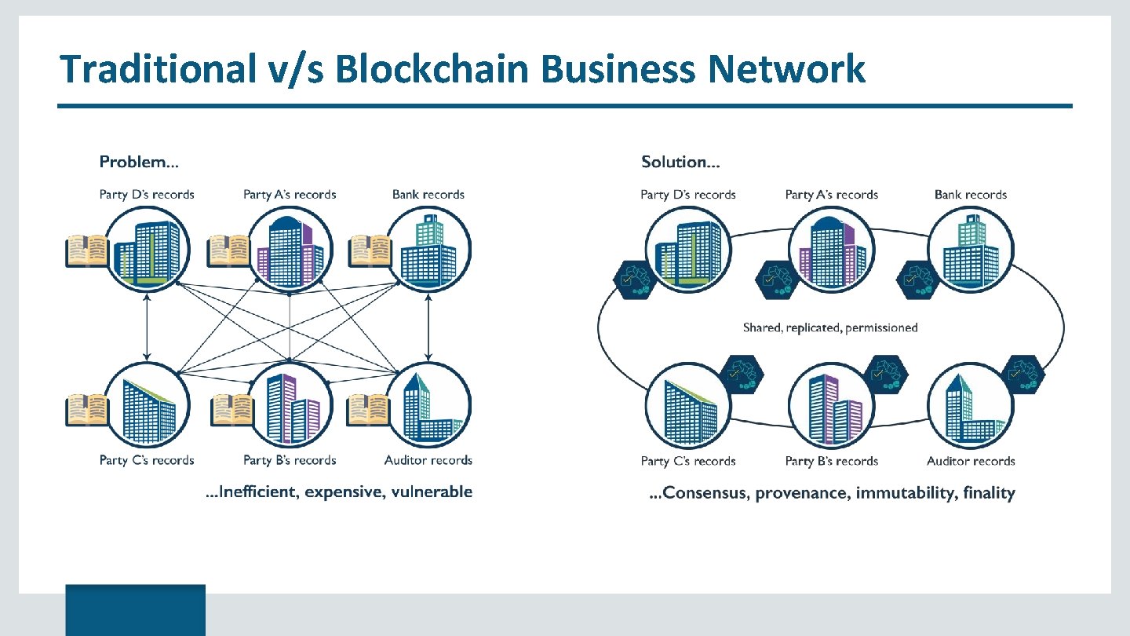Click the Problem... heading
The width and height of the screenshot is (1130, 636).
coord(139,163)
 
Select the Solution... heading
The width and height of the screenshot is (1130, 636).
coord(680,163)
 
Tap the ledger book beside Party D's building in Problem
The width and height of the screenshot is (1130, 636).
coord(86,251)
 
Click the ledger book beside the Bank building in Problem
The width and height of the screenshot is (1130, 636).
coord(370,251)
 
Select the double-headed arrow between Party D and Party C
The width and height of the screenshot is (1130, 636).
coord(147,329)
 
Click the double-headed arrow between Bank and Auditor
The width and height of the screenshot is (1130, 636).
coord(428,329)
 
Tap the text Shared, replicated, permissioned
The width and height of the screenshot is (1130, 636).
coord(830,327)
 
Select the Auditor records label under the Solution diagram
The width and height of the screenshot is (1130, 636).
coord(971,461)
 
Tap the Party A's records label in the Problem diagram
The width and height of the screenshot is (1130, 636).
coord(290,194)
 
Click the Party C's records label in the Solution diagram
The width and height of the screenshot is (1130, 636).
coord(688,461)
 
